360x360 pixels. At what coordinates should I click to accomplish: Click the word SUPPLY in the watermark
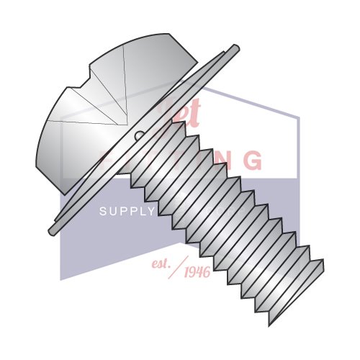(127, 211)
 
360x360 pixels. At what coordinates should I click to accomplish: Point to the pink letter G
(251, 161)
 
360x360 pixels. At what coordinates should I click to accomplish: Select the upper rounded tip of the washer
(235, 49)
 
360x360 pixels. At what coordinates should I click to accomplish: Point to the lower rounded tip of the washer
(52, 230)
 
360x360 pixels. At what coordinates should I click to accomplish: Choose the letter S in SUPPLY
(102, 211)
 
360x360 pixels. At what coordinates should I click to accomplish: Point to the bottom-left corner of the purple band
(60, 279)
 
